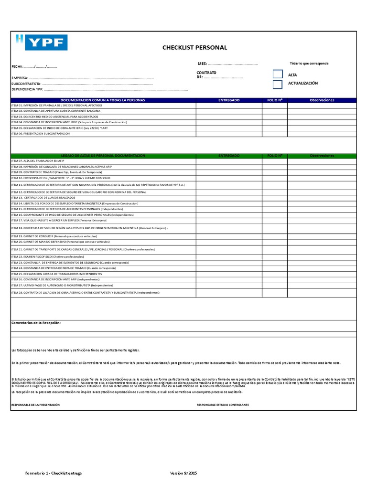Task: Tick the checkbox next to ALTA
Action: [278, 74]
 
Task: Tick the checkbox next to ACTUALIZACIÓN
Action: [278, 84]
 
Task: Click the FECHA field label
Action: [17, 66]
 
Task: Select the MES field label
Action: [202, 64]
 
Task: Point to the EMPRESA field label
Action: [20, 77]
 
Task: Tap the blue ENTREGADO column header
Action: [229, 100]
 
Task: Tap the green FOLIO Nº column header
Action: [275, 156]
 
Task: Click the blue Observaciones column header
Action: [322, 100]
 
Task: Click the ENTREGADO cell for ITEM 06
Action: [229, 134]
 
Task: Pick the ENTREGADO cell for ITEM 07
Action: [229, 161]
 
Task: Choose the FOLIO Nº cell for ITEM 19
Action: [275, 236]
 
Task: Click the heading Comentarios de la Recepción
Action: [36, 323]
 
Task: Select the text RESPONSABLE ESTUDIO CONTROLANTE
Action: [223, 405]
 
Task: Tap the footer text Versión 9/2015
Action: [184, 473]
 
